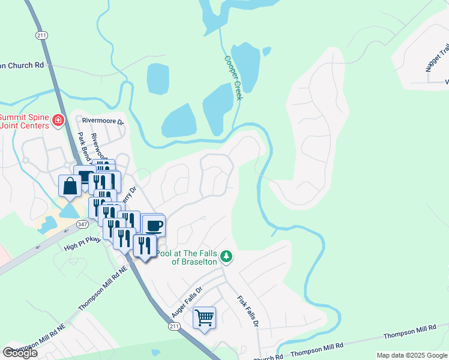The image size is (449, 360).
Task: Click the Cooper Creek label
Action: click(x=232, y=78)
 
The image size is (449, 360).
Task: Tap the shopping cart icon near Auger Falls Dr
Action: click(x=205, y=317)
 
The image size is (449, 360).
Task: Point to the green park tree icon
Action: click(x=226, y=256)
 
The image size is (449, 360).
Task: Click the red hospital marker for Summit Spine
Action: click(x=58, y=121)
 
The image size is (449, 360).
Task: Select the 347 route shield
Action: click(x=82, y=223)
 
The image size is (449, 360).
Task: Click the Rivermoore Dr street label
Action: click(x=103, y=120)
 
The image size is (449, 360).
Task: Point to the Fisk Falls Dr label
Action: click(x=247, y=310)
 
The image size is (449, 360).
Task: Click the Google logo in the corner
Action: click(x=20, y=353)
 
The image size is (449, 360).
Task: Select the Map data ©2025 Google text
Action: click(x=412, y=355)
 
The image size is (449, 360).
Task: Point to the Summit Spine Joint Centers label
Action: click(x=24, y=121)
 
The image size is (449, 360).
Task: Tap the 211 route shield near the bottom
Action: click(x=174, y=326)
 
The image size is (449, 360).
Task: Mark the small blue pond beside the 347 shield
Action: click(x=69, y=211)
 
